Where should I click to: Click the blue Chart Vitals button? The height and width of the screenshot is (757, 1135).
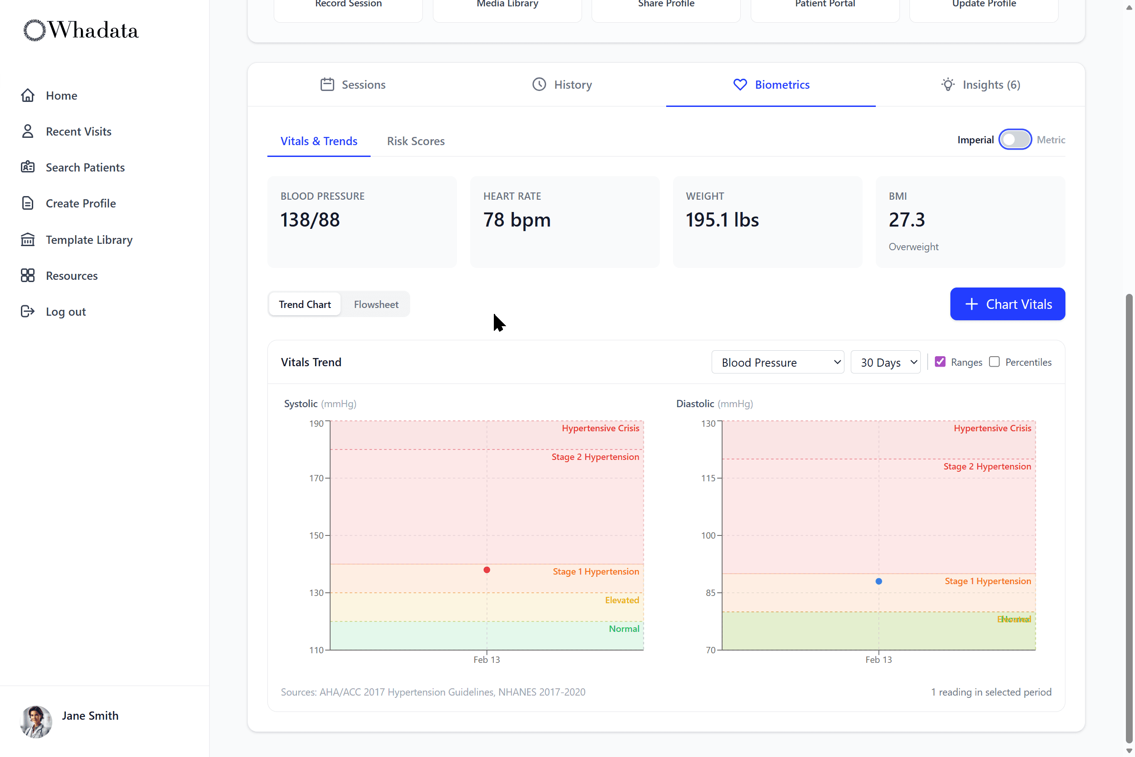pyautogui.click(x=1007, y=304)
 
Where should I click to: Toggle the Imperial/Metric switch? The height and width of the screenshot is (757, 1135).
pyautogui.click(x=1014, y=140)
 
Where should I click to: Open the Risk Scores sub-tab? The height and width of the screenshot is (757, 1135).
pyautogui.click(x=416, y=141)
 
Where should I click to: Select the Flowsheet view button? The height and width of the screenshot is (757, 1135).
pyautogui.click(x=376, y=305)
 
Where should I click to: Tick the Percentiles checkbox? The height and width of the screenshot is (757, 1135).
pyautogui.click(x=994, y=362)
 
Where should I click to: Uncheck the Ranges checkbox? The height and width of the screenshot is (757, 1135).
pyautogui.click(x=939, y=362)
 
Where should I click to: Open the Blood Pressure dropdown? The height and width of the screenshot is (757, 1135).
pyautogui.click(x=777, y=362)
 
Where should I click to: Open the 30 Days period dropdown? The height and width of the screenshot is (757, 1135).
pyautogui.click(x=885, y=362)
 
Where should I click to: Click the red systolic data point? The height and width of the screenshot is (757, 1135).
pyautogui.click(x=487, y=570)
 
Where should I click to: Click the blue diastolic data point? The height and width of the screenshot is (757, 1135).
pyautogui.click(x=878, y=581)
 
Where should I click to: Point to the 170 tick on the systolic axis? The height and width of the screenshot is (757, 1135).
pyautogui.click(x=316, y=479)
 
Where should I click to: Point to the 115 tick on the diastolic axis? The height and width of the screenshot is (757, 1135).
pyautogui.click(x=708, y=479)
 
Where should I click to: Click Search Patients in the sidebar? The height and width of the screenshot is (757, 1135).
pyautogui.click(x=85, y=167)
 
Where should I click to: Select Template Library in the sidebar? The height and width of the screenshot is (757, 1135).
pyautogui.click(x=89, y=240)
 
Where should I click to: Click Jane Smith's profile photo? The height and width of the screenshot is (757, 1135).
pyautogui.click(x=36, y=721)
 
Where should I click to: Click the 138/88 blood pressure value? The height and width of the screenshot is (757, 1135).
pyautogui.click(x=310, y=220)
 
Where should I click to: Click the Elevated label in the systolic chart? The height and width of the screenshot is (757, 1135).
pyautogui.click(x=622, y=600)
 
